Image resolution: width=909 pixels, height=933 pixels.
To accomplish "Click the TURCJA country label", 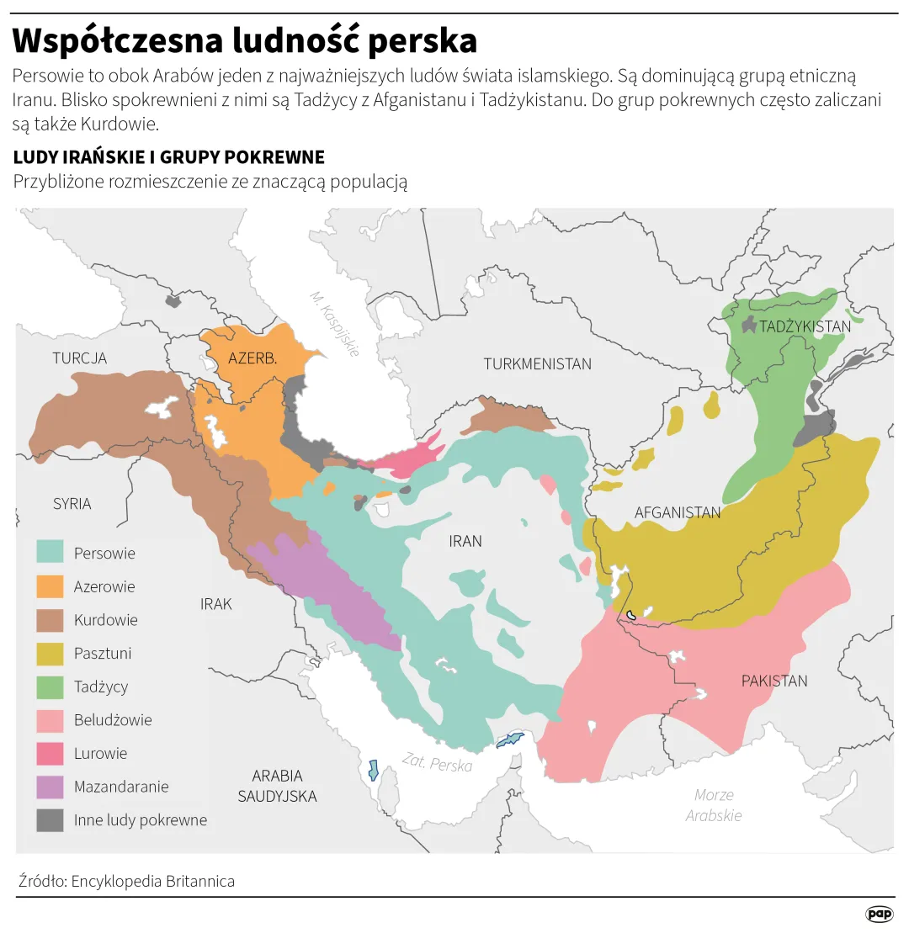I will pyautogui.click(x=79, y=358).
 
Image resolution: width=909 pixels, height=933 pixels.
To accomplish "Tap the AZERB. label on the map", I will pyautogui.click(x=252, y=358).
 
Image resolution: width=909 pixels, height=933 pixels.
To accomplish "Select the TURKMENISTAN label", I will pyautogui.click(x=537, y=364).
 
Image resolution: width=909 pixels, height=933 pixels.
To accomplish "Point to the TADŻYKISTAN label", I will pyautogui.click(x=805, y=326).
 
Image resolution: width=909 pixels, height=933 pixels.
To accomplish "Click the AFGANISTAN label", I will pyautogui.click(x=678, y=512).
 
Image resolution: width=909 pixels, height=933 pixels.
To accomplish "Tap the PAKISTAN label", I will pyautogui.click(x=773, y=681).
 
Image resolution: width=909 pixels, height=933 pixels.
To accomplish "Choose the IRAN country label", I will pyautogui.click(x=465, y=541).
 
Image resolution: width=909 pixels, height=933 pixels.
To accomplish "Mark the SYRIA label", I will pyautogui.click(x=72, y=504).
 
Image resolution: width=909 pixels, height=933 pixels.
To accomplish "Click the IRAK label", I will pyautogui.click(x=215, y=604).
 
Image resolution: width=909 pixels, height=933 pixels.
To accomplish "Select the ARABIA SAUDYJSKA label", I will pyautogui.click(x=277, y=786).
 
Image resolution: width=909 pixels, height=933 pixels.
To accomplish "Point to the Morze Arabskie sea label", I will pyautogui.click(x=714, y=805).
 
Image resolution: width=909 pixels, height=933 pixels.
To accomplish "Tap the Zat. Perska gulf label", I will pyautogui.click(x=436, y=763).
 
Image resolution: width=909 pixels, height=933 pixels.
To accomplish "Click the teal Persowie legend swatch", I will pyautogui.click(x=50, y=553).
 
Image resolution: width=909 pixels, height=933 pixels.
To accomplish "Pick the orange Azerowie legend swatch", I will pyautogui.click(x=50, y=586).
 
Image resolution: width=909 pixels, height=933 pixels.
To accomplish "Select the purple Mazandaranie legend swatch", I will pyautogui.click(x=50, y=787).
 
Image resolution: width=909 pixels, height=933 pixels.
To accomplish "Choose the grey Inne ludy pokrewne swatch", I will pyautogui.click(x=50, y=820).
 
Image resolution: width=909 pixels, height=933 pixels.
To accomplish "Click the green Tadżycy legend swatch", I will pyautogui.click(x=50, y=686).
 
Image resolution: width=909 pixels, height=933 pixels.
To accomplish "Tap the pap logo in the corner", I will pyautogui.click(x=879, y=914).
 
